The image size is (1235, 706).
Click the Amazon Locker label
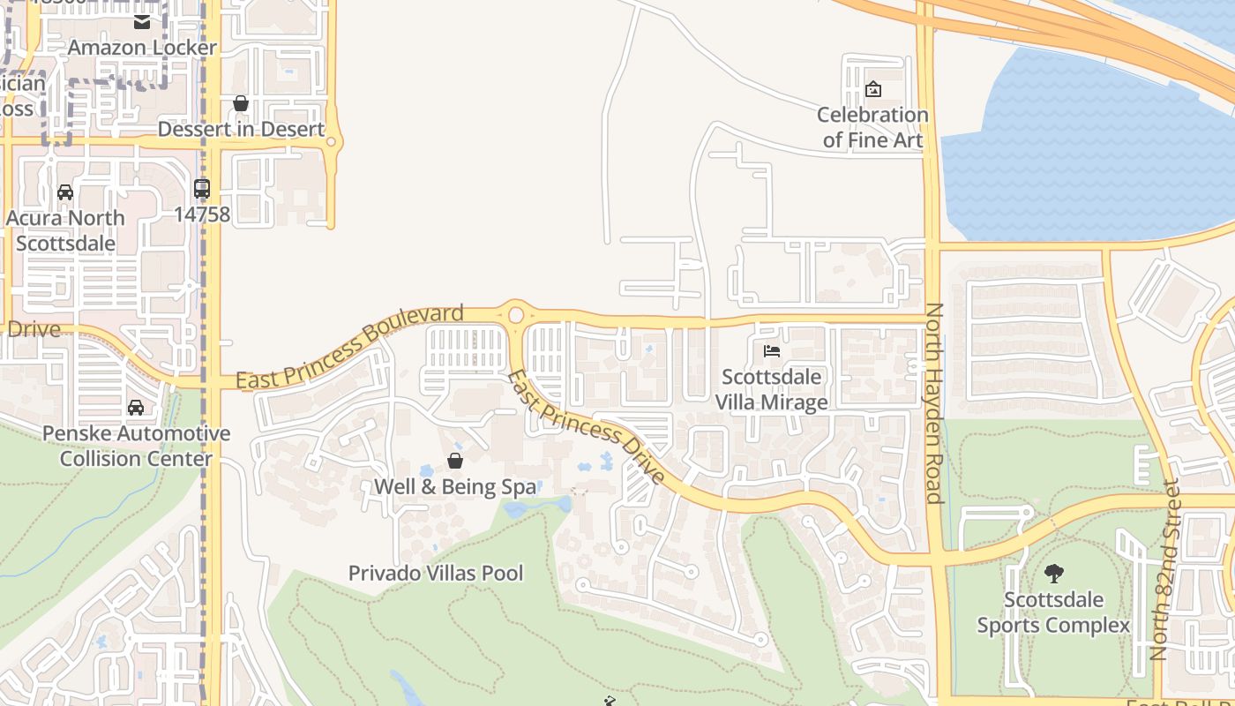pos(142,48)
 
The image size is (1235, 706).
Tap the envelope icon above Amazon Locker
pos(142,22)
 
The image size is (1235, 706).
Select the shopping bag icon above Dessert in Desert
pos(240,103)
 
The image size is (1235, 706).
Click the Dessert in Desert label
pos(241,129)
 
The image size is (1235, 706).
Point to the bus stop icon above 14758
pos(202,188)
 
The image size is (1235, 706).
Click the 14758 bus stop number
pos(202,214)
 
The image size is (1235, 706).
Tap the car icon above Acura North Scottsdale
pos(65,192)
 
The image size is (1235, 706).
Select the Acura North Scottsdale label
pos(65,229)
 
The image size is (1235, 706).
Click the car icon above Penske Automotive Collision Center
pos(136,407)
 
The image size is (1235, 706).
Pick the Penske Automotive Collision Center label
pos(136,446)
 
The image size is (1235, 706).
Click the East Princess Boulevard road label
pos(350,346)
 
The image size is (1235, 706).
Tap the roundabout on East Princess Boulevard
pos(516,314)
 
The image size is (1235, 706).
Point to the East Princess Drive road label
pos(585,427)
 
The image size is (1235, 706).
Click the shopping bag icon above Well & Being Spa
pos(455,461)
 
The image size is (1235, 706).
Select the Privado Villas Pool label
pos(436,573)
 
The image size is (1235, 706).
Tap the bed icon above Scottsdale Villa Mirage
pos(772,351)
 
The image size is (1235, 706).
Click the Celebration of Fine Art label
pos(872,127)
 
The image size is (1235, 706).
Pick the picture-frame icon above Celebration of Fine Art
pos(873,89)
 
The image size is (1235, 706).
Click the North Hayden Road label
pos(934,403)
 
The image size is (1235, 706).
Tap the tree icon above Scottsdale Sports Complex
pos(1053,574)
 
